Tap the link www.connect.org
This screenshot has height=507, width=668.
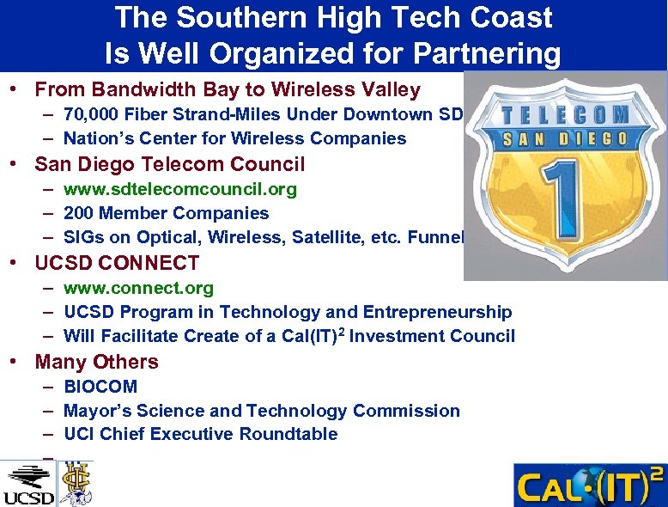coord(138,288)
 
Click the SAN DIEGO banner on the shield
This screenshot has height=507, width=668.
coord(563,140)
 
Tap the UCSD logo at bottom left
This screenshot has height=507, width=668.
coord(28,483)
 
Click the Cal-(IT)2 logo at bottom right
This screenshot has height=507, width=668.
coord(589,486)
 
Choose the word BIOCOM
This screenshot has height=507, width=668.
coord(100,387)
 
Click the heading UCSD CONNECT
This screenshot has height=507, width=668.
coord(117,263)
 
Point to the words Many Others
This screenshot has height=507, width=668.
coord(96,362)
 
